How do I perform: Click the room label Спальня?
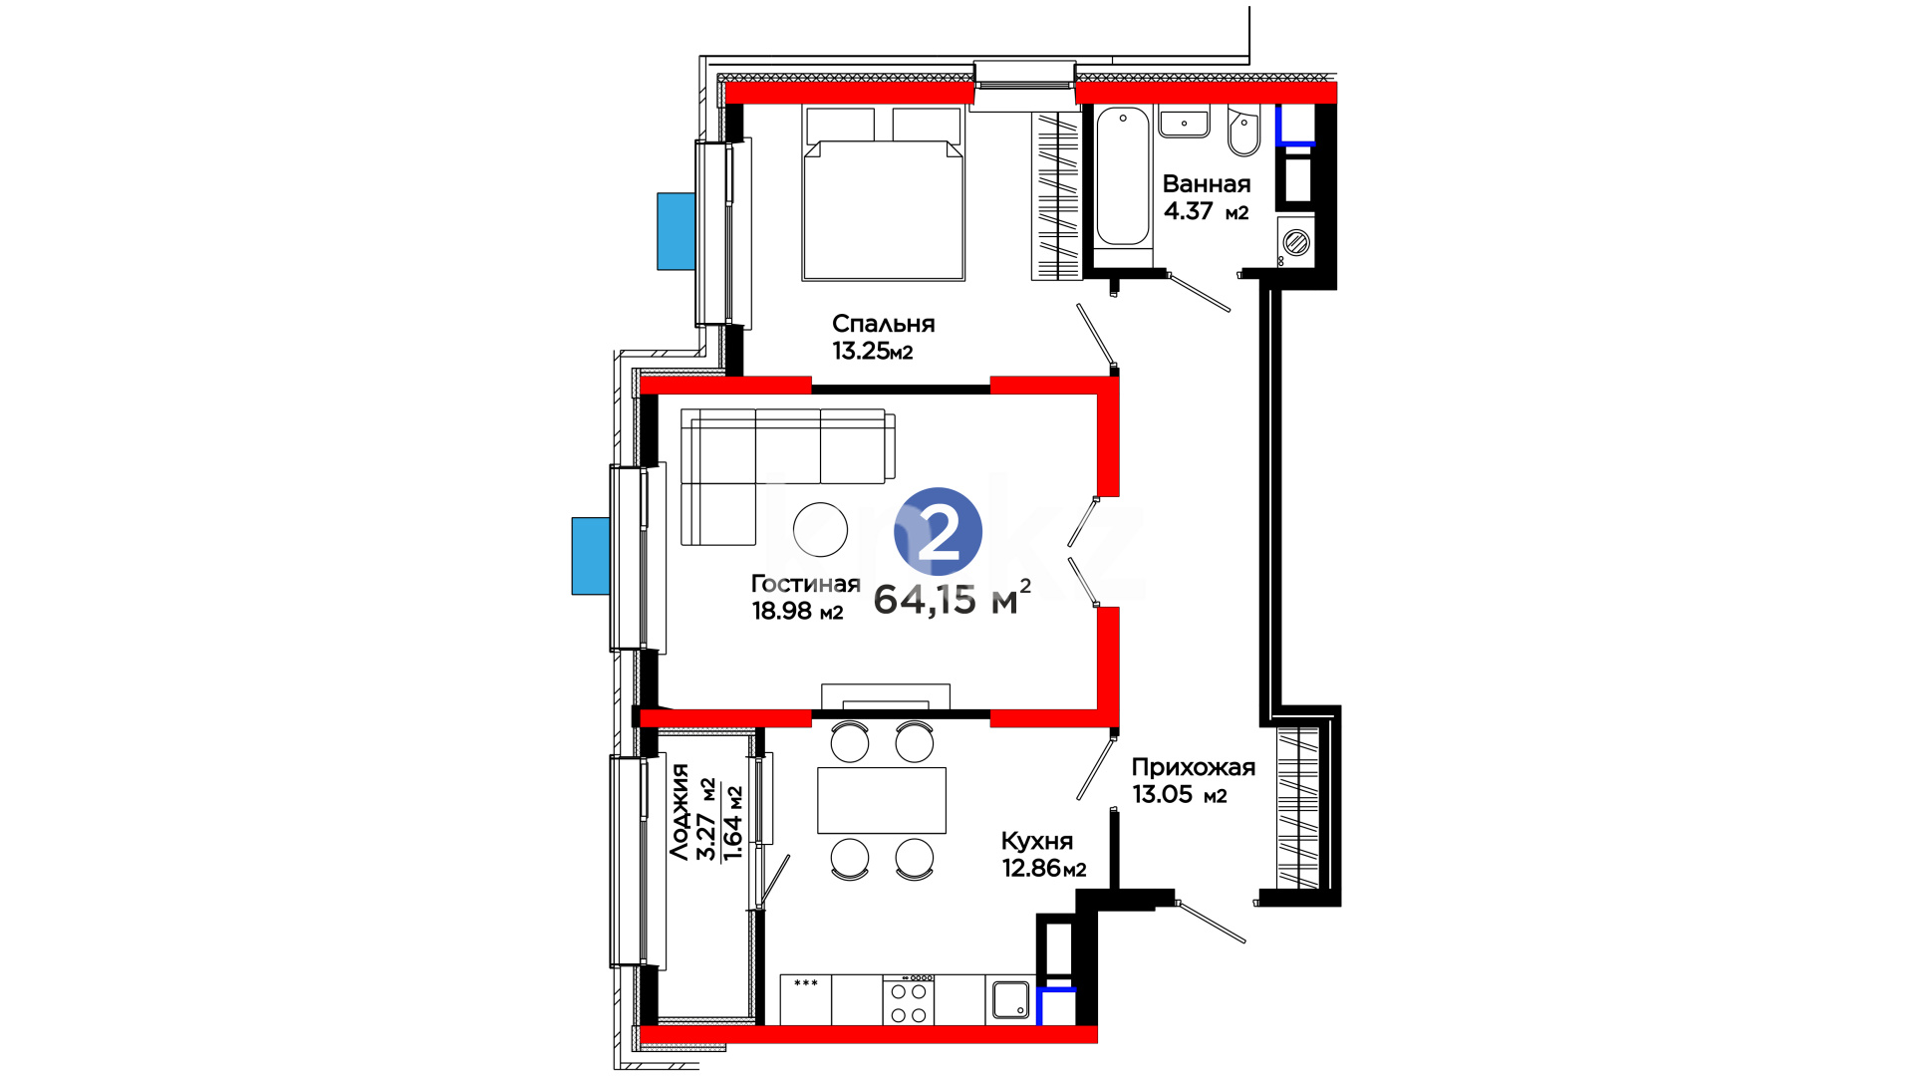click(883, 324)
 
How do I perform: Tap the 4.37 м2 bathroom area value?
click(1206, 211)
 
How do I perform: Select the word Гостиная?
click(805, 584)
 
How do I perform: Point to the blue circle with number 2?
click(938, 532)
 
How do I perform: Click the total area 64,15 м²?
click(952, 598)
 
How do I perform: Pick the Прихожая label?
click(1193, 767)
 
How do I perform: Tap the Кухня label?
click(1036, 841)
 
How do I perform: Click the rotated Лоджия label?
click(680, 812)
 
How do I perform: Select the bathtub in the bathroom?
click(1123, 176)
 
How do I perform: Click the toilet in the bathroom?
click(1243, 132)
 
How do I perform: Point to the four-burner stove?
click(909, 1000)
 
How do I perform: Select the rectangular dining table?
click(882, 800)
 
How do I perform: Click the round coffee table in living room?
click(821, 528)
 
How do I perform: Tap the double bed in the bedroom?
click(883, 193)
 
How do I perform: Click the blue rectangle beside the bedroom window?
click(676, 231)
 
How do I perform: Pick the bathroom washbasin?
click(1184, 122)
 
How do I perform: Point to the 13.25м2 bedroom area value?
click(873, 351)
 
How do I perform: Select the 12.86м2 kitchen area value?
click(1043, 868)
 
